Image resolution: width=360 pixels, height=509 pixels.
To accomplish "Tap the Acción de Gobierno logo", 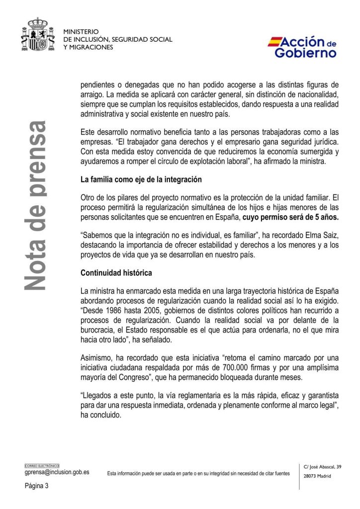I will (302, 47).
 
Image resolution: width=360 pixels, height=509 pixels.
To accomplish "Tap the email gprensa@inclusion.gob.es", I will (57, 472).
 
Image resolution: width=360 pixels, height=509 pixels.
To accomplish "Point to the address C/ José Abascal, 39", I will (323, 466).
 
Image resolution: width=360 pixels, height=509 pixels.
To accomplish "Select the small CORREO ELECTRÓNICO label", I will (42, 465).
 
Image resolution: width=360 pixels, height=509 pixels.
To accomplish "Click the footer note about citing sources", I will (198, 474).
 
